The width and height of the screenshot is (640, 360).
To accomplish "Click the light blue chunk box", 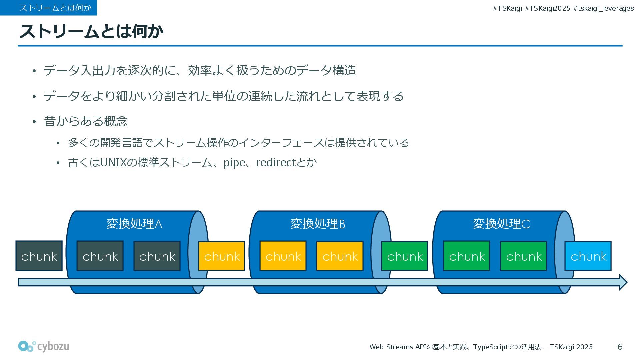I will tap(588, 256).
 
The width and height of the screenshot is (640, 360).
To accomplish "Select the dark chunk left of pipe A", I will tap(39, 256).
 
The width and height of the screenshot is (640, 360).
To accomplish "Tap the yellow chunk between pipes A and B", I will tap(222, 256).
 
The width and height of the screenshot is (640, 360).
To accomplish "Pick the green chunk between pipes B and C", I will tap(405, 256).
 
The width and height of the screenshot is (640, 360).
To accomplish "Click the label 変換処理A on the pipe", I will tap(134, 224).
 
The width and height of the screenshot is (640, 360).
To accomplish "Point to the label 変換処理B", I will tap(318, 224).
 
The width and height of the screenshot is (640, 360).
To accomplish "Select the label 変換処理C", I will tap(501, 224).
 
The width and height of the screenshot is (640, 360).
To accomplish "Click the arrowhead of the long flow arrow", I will tap(623, 282).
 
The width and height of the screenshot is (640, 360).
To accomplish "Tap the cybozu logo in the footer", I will tap(44, 346).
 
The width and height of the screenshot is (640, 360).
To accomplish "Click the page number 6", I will tap(620, 347).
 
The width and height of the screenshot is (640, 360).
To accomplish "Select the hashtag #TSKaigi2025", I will tap(547, 8).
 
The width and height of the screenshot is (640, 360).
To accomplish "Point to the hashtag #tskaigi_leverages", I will tap(603, 8).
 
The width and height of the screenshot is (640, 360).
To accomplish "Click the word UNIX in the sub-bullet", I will tap(113, 163).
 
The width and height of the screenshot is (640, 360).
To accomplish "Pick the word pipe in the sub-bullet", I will tap(234, 163).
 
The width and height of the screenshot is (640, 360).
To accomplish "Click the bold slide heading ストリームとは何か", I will tap(91, 31).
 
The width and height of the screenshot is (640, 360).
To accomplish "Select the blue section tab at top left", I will tap(49, 8).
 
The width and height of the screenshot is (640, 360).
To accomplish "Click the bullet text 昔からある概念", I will tap(86, 121).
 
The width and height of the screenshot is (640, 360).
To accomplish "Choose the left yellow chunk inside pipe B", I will tap(283, 256).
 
